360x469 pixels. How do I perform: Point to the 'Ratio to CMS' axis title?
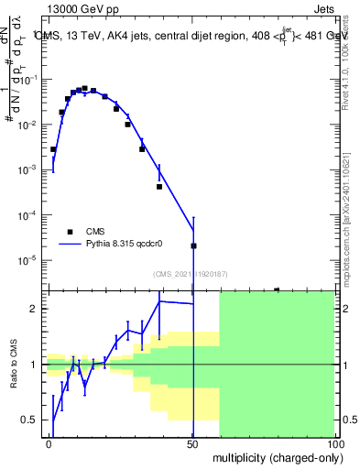click(x=14, y=364)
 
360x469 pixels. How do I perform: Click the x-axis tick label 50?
click(x=192, y=443)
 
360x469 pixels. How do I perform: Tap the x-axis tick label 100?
click(x=334, y=443)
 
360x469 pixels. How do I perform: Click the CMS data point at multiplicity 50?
click(x=193, y=245)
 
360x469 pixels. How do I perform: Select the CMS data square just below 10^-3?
click(x=159, y=187)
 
